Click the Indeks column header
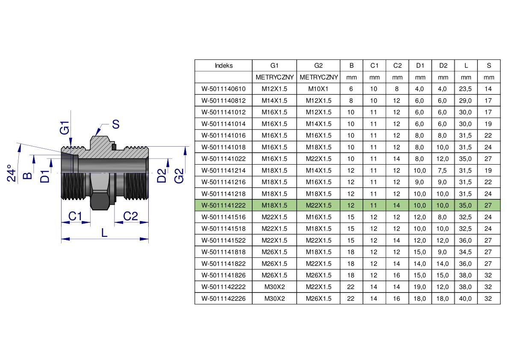[x=224, y=65]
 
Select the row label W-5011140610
[x=224, y=89]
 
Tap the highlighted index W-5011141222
[x=224, y=206]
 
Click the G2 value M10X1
[x=318, y=89]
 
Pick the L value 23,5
[x=465, y=89]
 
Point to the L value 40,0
[x=465, y=299]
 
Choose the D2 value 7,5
[x=442, y=171]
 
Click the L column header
[x=466, y=65]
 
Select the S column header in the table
[x=488, y=65]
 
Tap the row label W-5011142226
[x=224, y=299]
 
